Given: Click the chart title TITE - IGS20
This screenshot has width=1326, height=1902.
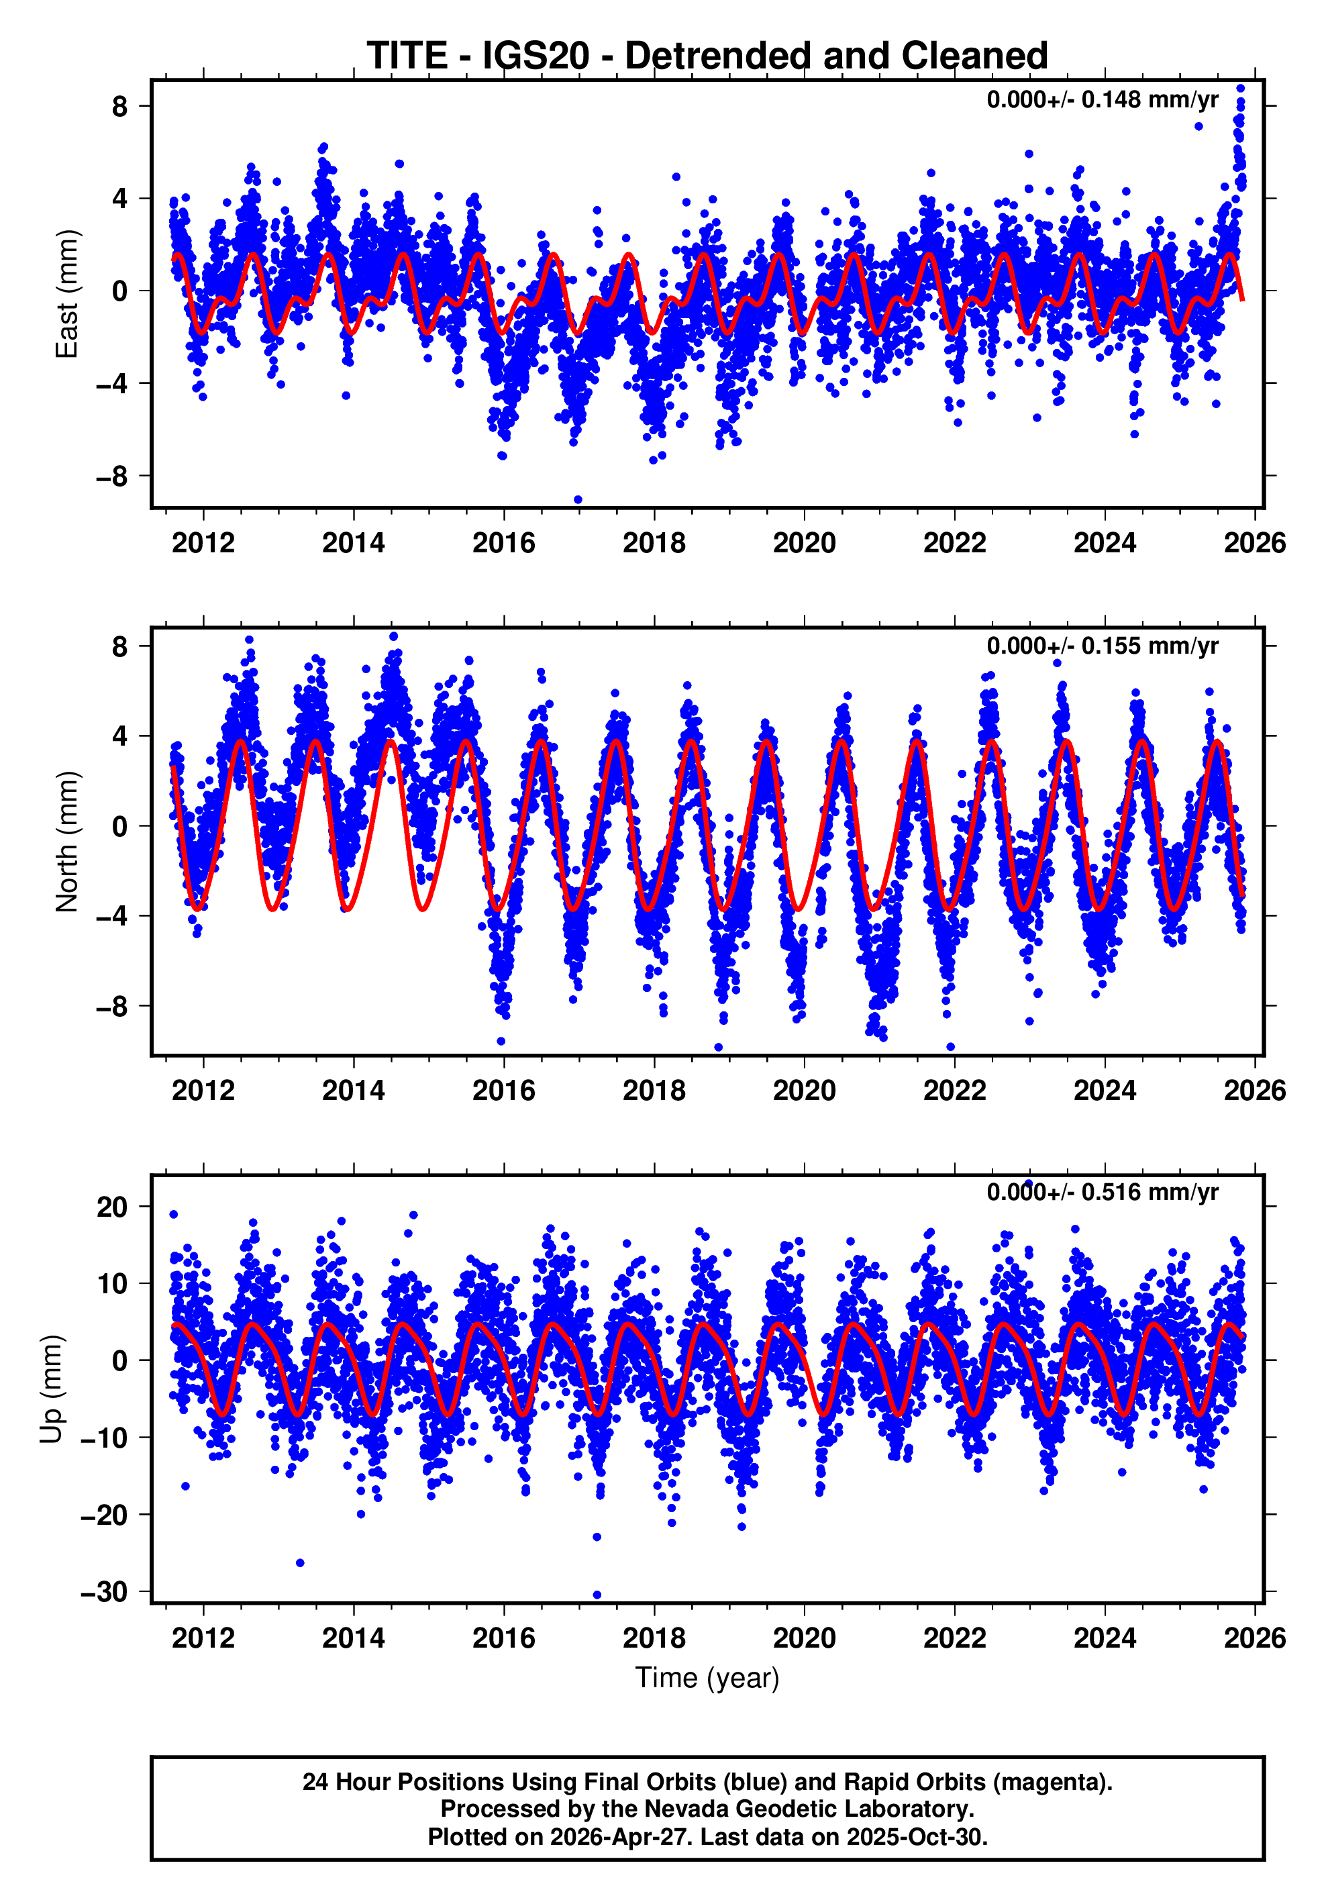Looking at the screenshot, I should pos(707,56).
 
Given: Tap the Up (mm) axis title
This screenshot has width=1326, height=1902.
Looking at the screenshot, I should pos(52,1389).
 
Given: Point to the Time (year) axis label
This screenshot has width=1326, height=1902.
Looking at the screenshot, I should pos(707,1676).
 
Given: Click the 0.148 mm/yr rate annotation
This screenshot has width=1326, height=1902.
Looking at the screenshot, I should pos(1102,99).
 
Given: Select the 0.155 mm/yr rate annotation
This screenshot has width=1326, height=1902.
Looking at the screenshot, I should pos(1102,646).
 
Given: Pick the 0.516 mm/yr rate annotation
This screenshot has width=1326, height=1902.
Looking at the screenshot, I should pos(1102,1192).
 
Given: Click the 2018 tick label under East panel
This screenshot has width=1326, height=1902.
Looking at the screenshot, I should pos(654,544).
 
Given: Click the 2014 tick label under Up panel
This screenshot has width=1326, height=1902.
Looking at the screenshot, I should pos(353,1638).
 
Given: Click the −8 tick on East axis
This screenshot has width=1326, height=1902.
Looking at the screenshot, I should pos(111,477).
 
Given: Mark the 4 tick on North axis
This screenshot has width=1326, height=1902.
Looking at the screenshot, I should pos(119,736).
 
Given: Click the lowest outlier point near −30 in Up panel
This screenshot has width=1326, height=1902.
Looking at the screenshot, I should pos(597,1595).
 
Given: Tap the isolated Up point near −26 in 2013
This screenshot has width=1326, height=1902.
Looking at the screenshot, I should pos(300,1563).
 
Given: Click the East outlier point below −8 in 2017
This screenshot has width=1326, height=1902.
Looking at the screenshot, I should pos(578,499).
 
